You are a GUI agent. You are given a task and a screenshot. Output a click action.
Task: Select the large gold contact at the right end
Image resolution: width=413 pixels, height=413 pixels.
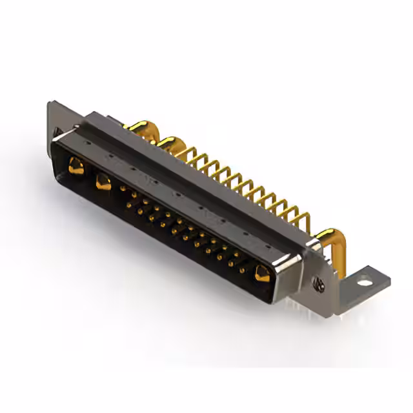(x=261, y=274)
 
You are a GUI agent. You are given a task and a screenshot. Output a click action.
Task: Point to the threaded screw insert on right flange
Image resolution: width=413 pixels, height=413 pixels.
(x=317, y=281)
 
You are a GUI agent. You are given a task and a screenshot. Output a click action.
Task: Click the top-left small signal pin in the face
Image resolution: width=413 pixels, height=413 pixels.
(x=123, y=188)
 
